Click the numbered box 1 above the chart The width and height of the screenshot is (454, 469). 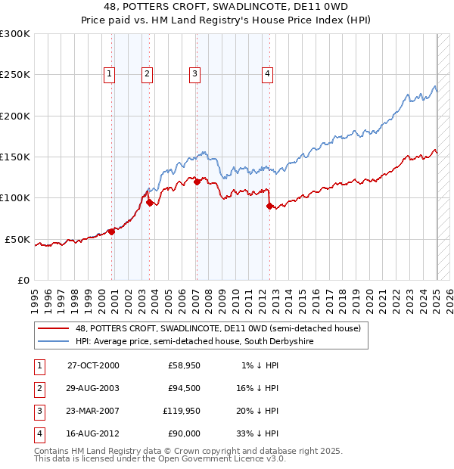[110, 73]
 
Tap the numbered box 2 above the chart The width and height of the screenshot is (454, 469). [146, 73]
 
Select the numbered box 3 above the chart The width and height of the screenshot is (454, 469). [194, 73]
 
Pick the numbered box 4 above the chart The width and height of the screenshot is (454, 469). [267, 73]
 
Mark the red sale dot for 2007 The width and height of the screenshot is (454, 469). [197, 182]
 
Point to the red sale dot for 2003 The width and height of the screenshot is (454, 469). [150, 202]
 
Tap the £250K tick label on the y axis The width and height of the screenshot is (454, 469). [15, 75]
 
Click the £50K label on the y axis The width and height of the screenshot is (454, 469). [17, 239]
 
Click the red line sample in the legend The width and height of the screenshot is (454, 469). [54, 328]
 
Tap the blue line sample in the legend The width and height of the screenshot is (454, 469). [54, 341]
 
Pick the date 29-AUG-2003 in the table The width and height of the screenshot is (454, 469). [94, 388]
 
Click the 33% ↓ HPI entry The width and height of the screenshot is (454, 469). [257, 433]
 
